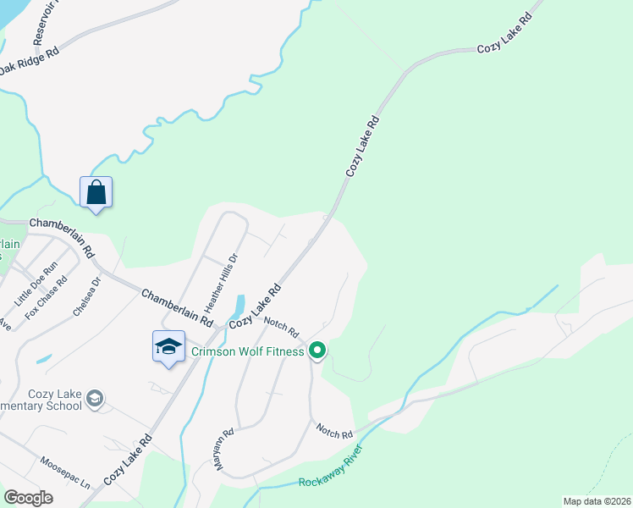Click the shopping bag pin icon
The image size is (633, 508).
96,192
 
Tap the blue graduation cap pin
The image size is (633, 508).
168,346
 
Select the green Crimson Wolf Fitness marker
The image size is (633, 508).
317,349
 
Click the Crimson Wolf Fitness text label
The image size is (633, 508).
247,351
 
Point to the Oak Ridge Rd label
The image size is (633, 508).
29,68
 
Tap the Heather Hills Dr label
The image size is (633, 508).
219,279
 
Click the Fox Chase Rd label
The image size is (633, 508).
46,299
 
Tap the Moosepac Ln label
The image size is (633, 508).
65,474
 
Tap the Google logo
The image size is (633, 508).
28,498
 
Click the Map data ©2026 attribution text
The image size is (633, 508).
597,501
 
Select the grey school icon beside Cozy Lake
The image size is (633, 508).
96,397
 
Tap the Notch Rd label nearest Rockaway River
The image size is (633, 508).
334,432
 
